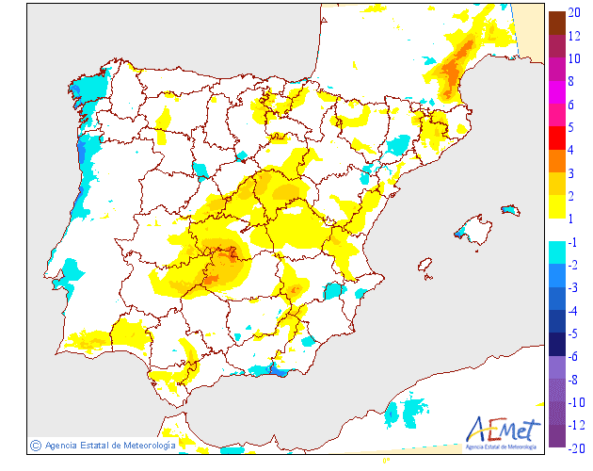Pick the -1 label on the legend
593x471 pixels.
(x=573, y=242)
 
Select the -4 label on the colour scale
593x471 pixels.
(x=573, y=311)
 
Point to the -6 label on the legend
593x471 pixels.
(x=573, y=357)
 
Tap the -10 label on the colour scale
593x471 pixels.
(x=576, y=402)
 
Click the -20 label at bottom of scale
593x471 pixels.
(x=576, y=447)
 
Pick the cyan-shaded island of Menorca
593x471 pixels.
(x=510, y=209)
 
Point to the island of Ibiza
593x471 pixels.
(x=425, y=268)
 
